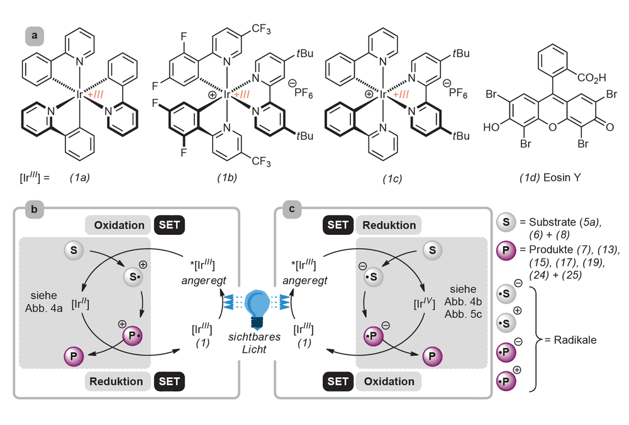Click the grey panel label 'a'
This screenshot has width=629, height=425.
point(35,36)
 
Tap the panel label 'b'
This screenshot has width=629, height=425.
point(35,209)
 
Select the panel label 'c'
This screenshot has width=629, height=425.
point(292,209)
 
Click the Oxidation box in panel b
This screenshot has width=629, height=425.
point(118,225)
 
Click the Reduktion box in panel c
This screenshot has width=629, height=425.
point(388,225)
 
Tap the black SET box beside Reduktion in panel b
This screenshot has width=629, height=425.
point(169,381)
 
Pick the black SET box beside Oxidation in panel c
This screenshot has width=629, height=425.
point(338,381)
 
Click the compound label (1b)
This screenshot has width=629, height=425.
point(227,178)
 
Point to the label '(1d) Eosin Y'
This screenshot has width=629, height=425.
point(550,178)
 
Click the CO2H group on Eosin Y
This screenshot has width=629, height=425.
point(592,77)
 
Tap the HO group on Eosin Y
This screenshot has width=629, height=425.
point(491,127)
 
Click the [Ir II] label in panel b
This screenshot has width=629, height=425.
point(81,304)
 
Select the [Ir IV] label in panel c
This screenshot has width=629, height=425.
point(425,303)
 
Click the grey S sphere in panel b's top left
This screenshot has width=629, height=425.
point(74,250)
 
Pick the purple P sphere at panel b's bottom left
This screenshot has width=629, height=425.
point(74,356)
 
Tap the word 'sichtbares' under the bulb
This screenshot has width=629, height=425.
point(254,337)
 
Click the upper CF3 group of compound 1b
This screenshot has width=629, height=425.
point(261,29)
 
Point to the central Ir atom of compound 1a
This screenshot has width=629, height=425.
point(79,95)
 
